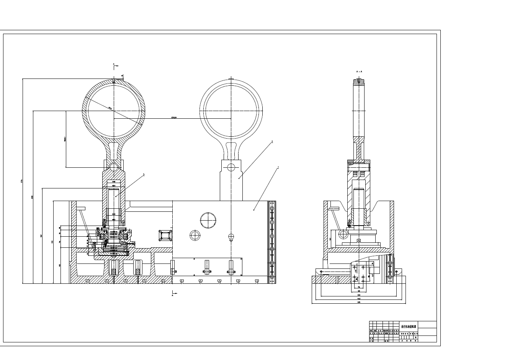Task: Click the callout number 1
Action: pos(278,167)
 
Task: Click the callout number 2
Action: pos(272,141)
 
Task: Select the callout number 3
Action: pos(144,175)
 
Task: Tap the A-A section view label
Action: pos(359,72)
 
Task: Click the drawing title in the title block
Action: pos(408,327)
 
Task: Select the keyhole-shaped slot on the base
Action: pos(231,237)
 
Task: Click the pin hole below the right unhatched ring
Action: pos(231,167)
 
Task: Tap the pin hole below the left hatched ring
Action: pos(113,167)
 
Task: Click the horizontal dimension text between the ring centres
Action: pos(174,118)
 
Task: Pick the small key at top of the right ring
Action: pos(231,79)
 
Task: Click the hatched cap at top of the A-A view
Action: pos(359,82)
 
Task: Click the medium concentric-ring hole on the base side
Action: pos(195,235)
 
